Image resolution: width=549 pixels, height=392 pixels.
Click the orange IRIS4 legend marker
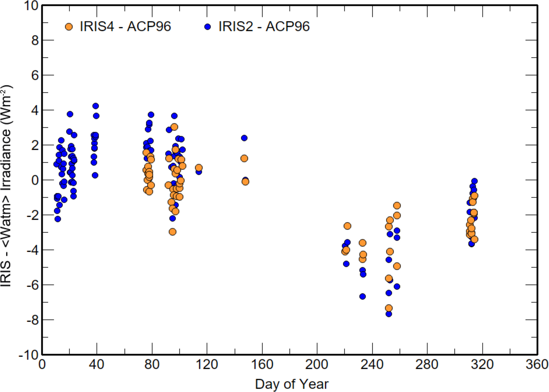pos(69,27)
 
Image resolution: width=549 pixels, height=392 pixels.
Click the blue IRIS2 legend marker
pos(208,27)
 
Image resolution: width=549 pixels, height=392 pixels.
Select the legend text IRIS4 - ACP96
pos(125,26)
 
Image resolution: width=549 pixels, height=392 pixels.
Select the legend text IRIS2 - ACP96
pos(264,26)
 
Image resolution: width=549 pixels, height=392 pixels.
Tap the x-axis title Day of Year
pos(292,384)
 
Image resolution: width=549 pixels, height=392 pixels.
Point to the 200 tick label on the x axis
pos(317,364)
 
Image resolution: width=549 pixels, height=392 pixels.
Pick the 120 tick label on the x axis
pos(207,364)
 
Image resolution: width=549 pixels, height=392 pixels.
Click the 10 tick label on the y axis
pos(31,6)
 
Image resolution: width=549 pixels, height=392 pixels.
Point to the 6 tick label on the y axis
pos(35,75)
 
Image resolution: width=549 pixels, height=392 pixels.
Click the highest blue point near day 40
pos(96,106)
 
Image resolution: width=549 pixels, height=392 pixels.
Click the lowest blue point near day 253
pos(389,314)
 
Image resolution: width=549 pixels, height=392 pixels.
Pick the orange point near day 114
pos(199,168)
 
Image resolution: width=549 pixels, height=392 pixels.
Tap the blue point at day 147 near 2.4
pos(244,138)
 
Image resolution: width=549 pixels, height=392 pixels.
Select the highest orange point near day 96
pos(174,127)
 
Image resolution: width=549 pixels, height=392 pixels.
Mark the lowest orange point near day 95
pos(173,232)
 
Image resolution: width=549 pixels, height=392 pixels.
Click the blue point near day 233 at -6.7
pos(363,296)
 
